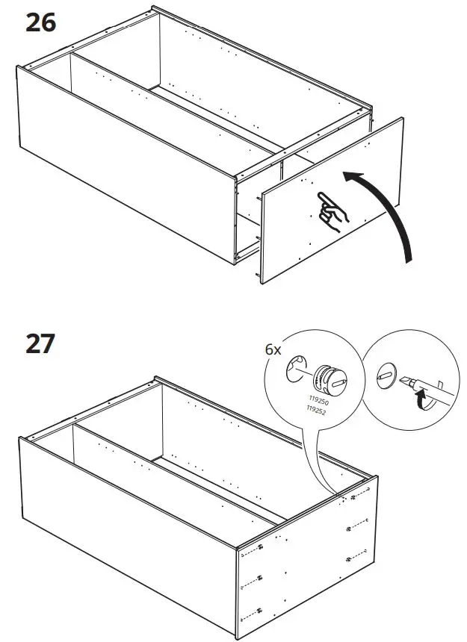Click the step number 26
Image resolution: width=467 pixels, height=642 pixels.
42,23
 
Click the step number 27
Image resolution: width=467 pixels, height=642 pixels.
42,344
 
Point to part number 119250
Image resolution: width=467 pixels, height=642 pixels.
318,400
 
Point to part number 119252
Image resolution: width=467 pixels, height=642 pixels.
318,410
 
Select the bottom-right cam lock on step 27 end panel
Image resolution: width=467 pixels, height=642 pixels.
350,558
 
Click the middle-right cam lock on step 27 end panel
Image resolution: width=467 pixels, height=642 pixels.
350,529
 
